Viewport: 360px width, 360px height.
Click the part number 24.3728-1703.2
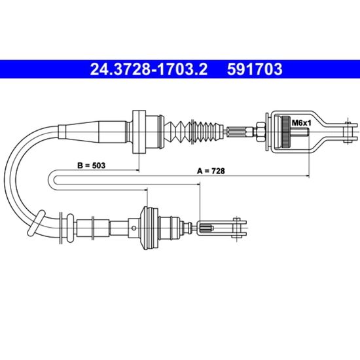149,69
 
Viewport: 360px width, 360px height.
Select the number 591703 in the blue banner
255,69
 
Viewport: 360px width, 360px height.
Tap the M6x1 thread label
301,123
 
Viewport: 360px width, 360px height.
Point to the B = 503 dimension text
91,166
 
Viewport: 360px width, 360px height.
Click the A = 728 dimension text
211,171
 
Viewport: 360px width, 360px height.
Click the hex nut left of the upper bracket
261,132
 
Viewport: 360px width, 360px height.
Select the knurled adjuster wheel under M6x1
286,132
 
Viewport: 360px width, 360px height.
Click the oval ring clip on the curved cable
36,223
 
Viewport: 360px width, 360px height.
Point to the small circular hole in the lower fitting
134,228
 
